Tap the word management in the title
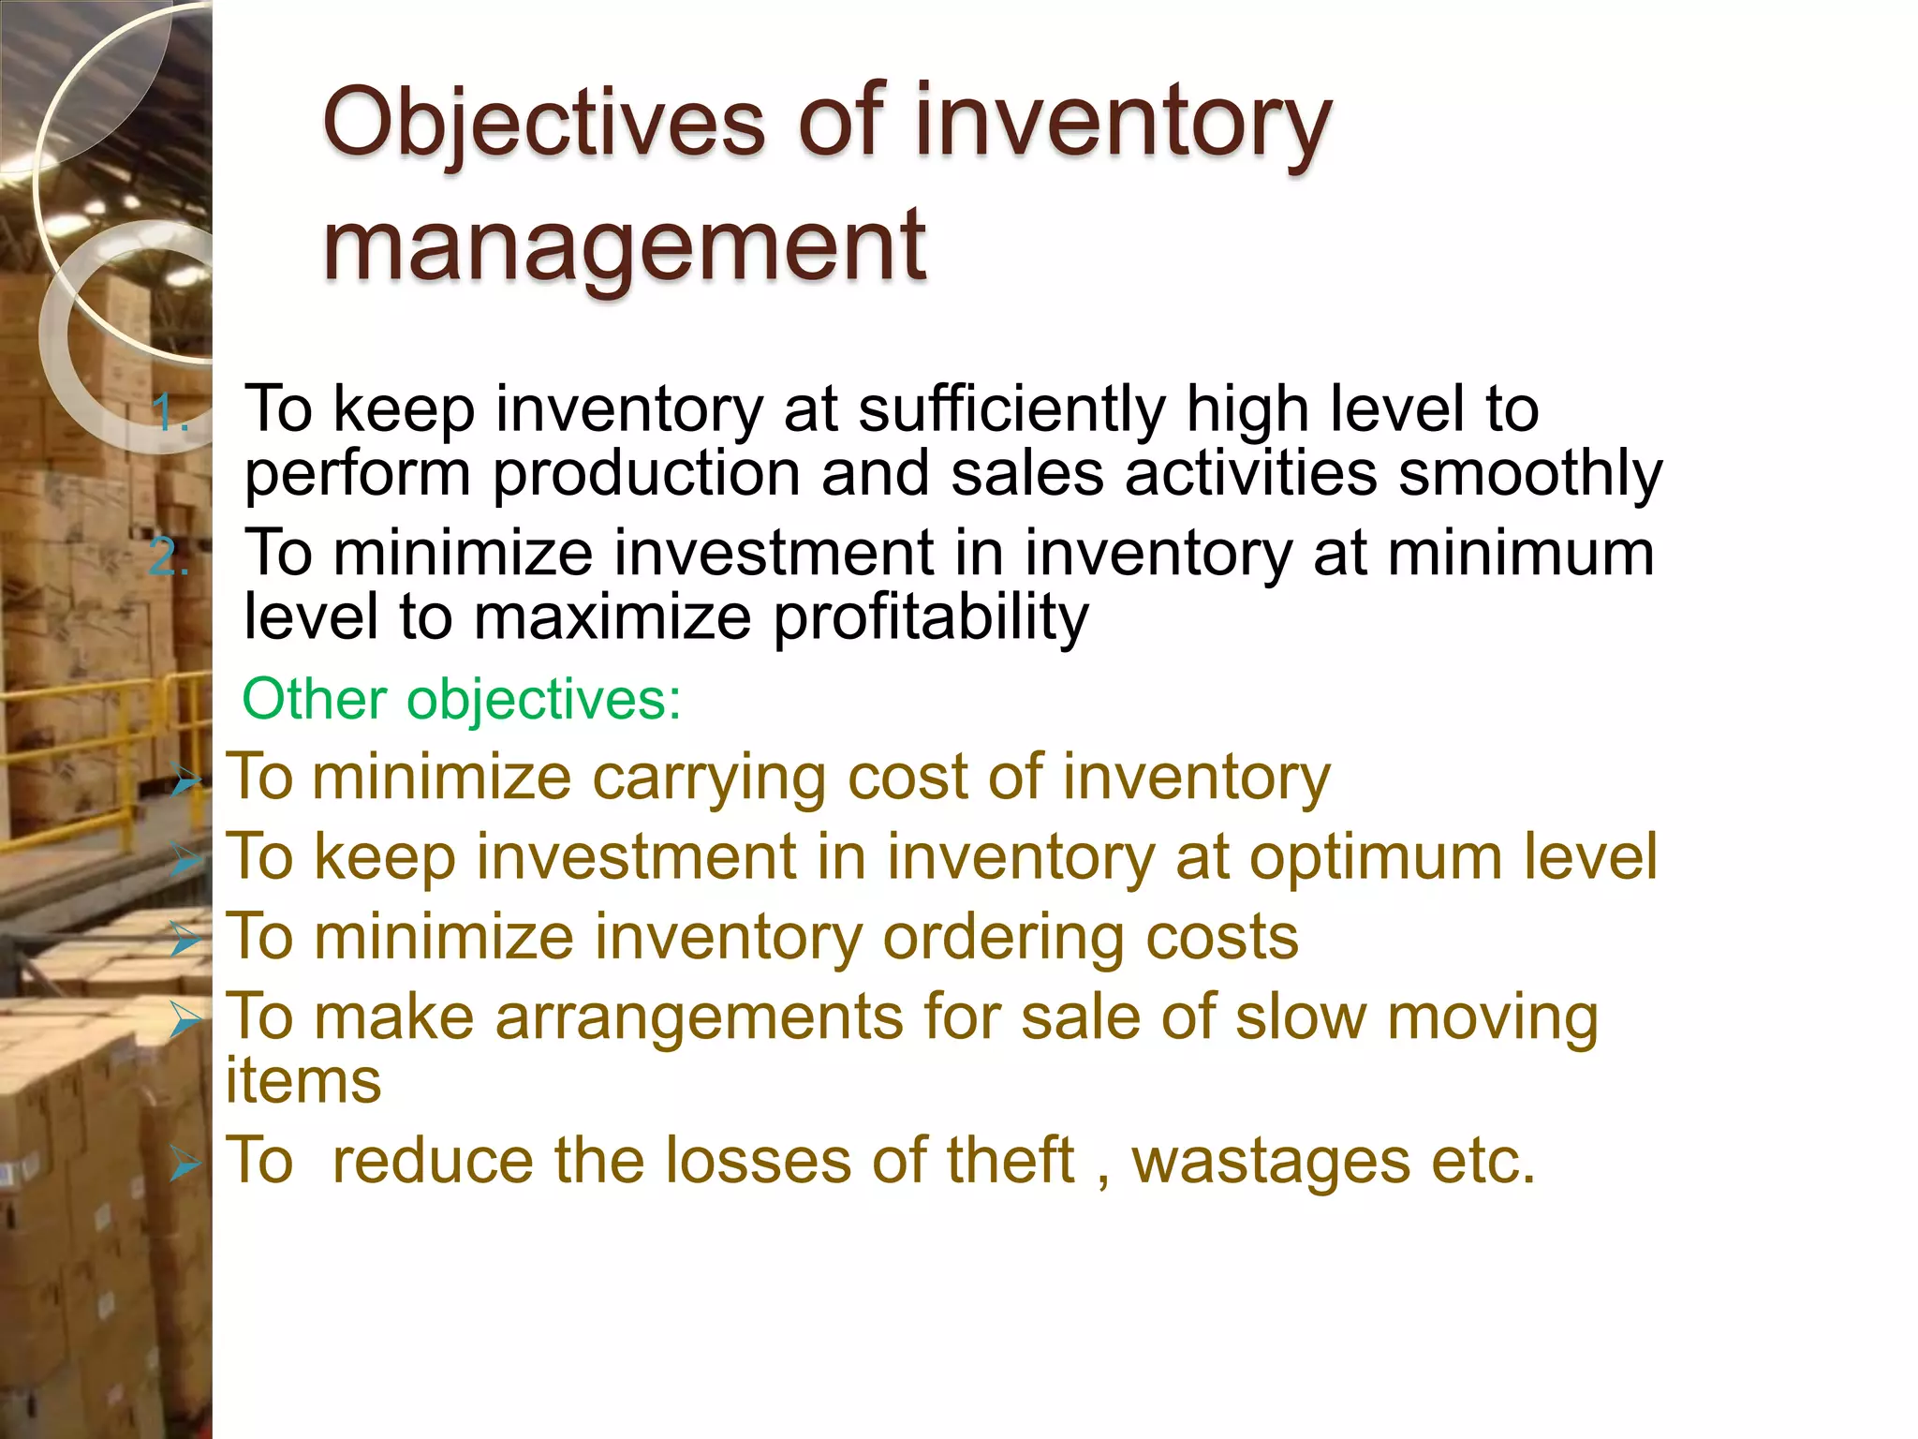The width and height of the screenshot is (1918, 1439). [x=625, y=245]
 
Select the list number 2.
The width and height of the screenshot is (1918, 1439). [x=170, y=558]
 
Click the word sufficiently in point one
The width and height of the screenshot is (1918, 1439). [x=1011, y=410]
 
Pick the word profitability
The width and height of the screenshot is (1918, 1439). [x=931, y=618]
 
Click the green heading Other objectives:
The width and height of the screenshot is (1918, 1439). [x=462, y=699]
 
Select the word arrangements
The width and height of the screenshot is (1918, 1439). [x=698, y=1018]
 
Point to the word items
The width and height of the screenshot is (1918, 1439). [x=303, y=1080]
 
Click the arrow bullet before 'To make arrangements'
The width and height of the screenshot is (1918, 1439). [x=185, y=1020]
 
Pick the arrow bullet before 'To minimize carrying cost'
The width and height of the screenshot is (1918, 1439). [x=185, y=779]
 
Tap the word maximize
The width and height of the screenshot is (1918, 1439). [x=612, y=618]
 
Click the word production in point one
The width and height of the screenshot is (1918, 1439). [x=646, y=474]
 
